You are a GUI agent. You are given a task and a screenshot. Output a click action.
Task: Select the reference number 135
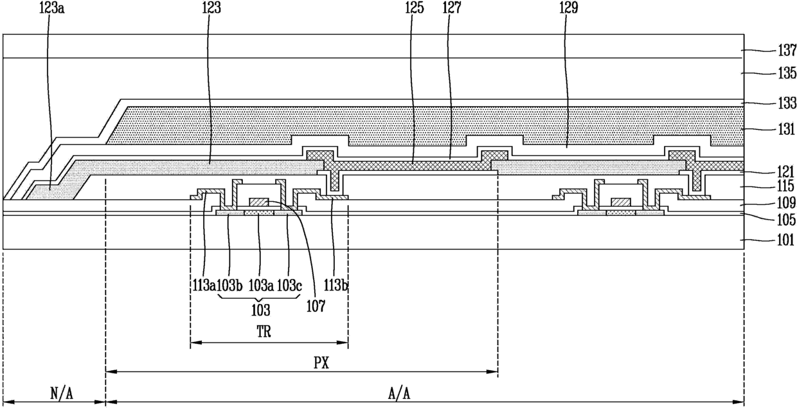(784, 74)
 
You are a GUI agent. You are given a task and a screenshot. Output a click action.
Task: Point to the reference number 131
(784, 129)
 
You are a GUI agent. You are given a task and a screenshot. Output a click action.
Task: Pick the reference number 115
(784, 187)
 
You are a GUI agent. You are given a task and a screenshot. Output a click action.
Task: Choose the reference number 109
(784, 203)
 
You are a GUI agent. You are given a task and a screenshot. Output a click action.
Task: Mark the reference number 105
(784, 220)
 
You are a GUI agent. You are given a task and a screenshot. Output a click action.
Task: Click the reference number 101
(784, 242)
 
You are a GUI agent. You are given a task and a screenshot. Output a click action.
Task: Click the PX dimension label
(321, 362)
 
